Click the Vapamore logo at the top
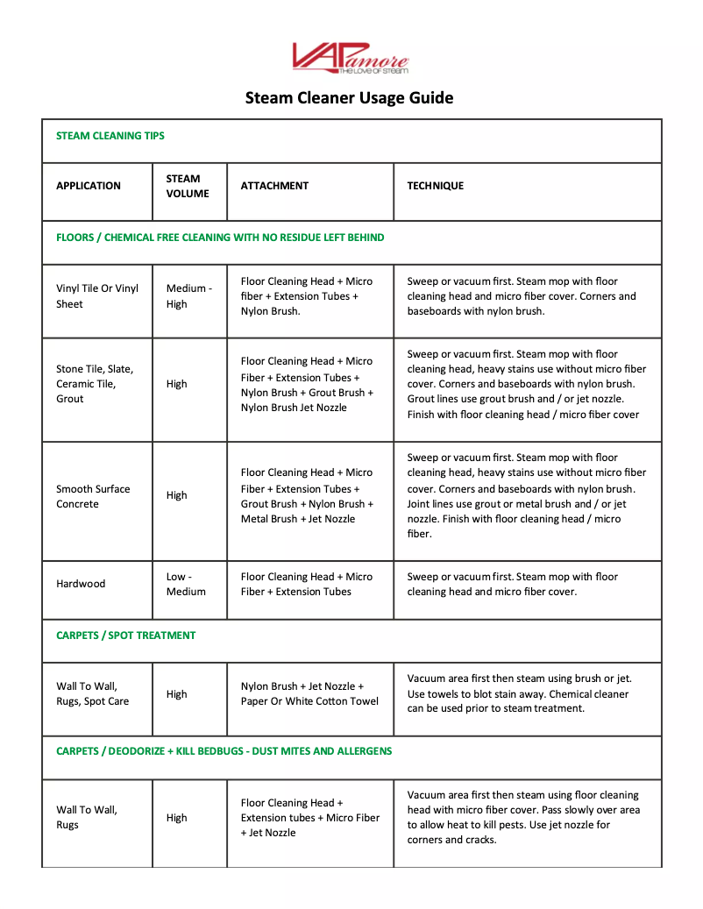pyautogui.click(x=350, y=58)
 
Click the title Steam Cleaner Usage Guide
pyautogui.click(x=350, y=98)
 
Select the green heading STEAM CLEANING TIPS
pyautogui.click(x=110, y=136)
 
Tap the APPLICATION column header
pyautogui.click(x=89, y=186)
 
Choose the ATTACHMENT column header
pyautogui.click(x=274, y=186)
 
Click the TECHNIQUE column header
pyautogui.click(x=436, y=186)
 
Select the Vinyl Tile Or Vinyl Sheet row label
pyautogui.click(x=97, y=296)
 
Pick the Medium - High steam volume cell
pyautogui.click(x=188, y=296)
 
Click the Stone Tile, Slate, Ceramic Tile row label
pyautogui.click(x=95, y=384)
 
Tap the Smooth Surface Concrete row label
pyautogui.click(x=93, y=496)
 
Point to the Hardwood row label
pyautogui.click(x=81, y=584)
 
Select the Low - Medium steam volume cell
pyautogui.click(x=186, y=584)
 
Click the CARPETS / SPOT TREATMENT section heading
pyautogui.click(x=126, y=636)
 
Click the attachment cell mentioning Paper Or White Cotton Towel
pyautogui.click(x=309, y=693)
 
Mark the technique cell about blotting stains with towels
pyautogui.click(x=519, y=693)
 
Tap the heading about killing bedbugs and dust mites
pyautogui.click(x=224, y=751)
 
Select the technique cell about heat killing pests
pyautogui.click(x=523, y=817)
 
